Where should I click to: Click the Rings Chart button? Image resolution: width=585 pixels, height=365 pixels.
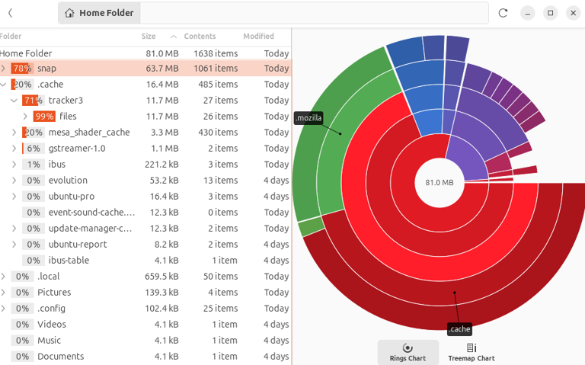408,352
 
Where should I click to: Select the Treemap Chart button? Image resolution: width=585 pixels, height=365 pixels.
471,352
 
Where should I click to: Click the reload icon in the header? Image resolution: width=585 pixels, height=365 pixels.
503,13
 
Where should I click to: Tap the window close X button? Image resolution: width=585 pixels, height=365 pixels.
573,13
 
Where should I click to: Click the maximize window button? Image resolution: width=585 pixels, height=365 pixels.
550,13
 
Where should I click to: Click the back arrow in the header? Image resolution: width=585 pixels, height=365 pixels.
11,13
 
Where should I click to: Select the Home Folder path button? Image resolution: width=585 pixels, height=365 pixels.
99,13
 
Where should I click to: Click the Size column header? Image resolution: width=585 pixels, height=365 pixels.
149,37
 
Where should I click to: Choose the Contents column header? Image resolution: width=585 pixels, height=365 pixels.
200,37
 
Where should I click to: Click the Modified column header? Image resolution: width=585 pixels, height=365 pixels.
258,37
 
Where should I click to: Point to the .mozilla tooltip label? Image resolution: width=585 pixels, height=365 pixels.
308,118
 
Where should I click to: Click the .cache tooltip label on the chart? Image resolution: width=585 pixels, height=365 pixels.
459,329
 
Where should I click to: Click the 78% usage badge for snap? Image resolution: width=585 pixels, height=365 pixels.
21,69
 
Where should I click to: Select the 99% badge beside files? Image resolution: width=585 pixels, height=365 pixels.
44,117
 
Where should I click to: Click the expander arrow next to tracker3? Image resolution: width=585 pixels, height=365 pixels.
14,101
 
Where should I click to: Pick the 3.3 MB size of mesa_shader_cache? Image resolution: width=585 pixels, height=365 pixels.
165,133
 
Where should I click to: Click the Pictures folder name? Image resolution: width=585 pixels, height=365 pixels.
54,293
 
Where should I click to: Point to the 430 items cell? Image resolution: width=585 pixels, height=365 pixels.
221,133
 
